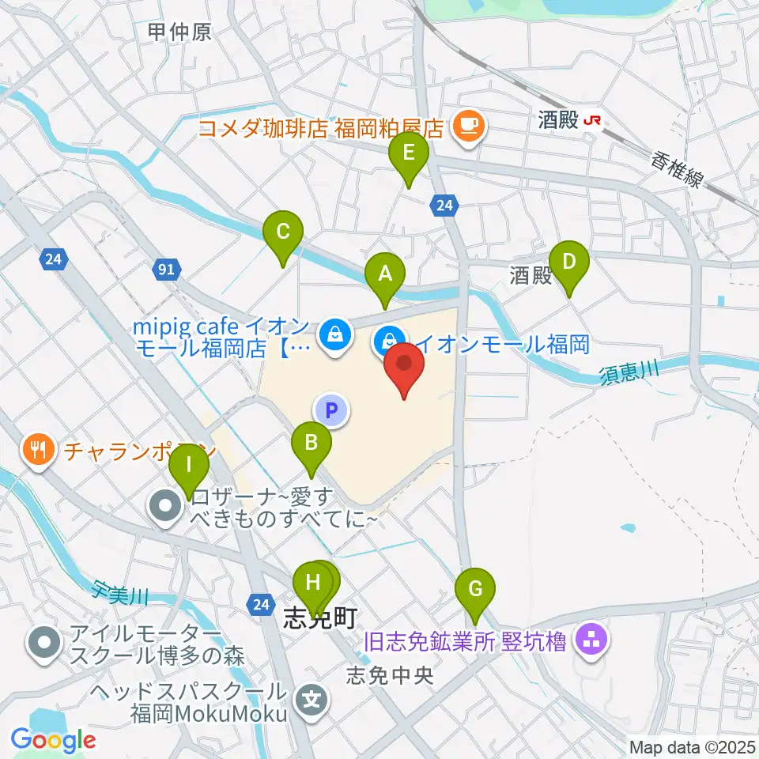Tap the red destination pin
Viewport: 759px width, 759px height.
point(404,368)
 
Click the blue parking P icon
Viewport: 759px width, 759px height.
point(332,410)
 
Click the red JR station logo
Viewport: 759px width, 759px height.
point(592,121)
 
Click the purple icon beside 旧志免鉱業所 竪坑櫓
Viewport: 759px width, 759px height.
point(591,638)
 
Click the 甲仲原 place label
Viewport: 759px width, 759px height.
point(179,32)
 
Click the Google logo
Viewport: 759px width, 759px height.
point(53,741)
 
